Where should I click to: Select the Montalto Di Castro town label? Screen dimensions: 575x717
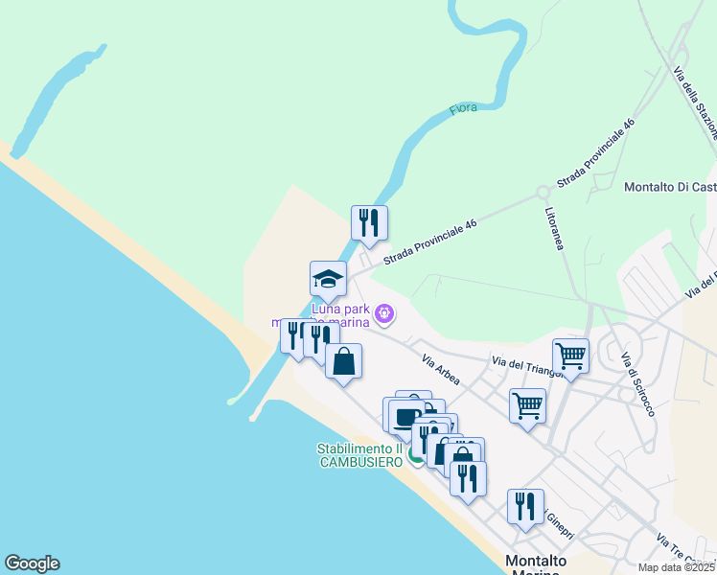[669, 187]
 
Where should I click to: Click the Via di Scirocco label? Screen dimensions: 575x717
[637, 384]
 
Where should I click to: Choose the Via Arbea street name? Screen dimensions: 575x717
[441, 371]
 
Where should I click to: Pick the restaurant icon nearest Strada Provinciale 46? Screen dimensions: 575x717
[369, 223]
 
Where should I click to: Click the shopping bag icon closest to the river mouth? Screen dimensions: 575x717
[344, 361]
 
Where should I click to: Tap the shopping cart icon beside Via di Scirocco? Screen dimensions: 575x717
[570, 356]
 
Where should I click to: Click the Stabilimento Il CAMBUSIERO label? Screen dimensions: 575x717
[359, 455]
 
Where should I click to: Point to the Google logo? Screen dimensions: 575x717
[32, 563]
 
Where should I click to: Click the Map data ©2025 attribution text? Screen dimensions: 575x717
[677, 567]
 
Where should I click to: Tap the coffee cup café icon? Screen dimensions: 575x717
[405, 415]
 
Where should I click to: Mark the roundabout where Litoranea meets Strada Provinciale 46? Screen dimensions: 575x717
[544, 192]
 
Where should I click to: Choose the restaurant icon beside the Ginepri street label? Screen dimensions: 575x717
[525, 506]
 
